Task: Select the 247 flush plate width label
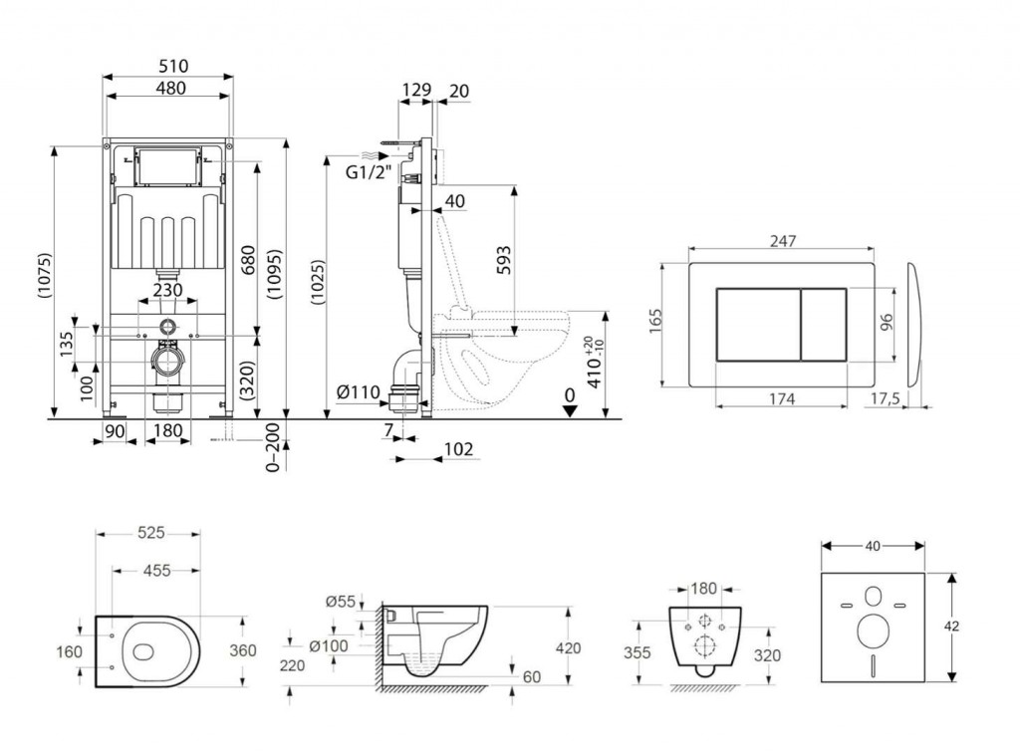pyautogui.click(x=781, y=240)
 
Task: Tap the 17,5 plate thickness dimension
pyautogui.click(x=885, y=397)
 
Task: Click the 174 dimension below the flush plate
pyautogui.click(x=781, y=398)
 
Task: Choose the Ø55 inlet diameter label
pyautogui.click(x=340, y=601)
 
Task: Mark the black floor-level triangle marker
pyautogui.click(x=569, y=412)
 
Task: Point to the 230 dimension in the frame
pyautogui.click(x=167, y=290)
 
